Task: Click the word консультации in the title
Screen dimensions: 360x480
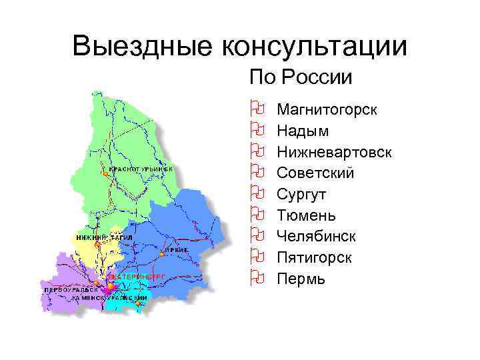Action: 311,46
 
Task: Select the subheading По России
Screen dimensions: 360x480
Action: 299,77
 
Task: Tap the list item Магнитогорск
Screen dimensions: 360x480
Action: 327,109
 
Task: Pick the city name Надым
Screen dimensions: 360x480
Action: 303,130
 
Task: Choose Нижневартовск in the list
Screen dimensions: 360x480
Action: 334,151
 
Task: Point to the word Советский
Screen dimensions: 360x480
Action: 315,173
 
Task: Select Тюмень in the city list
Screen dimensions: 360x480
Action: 306,215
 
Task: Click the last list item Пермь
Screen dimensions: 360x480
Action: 301,279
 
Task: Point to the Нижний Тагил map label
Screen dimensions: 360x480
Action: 104,237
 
